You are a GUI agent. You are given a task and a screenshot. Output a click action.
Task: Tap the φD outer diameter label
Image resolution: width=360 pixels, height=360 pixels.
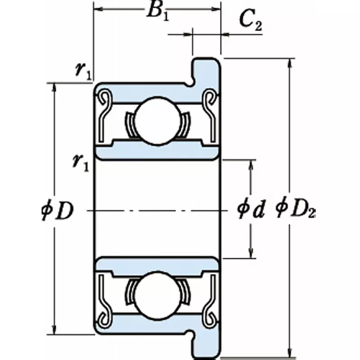(x=56, y=210)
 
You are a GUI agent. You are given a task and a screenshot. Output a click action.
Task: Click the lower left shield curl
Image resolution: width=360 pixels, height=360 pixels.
(x=104, y=317)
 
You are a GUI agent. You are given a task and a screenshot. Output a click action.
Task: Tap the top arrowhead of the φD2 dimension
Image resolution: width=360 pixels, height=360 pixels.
(x=289, y=63)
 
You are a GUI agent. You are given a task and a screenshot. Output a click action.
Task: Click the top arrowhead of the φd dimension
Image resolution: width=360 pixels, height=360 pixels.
(x=251, y=164)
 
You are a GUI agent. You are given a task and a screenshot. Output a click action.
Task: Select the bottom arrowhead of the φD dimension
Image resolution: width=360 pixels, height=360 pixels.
(x=54, y=330)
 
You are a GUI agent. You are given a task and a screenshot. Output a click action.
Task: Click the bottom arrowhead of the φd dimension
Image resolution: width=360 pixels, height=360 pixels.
(x=251, y=254)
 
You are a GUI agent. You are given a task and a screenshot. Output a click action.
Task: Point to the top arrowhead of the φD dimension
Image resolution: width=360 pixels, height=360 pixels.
(x=54, y=88)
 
